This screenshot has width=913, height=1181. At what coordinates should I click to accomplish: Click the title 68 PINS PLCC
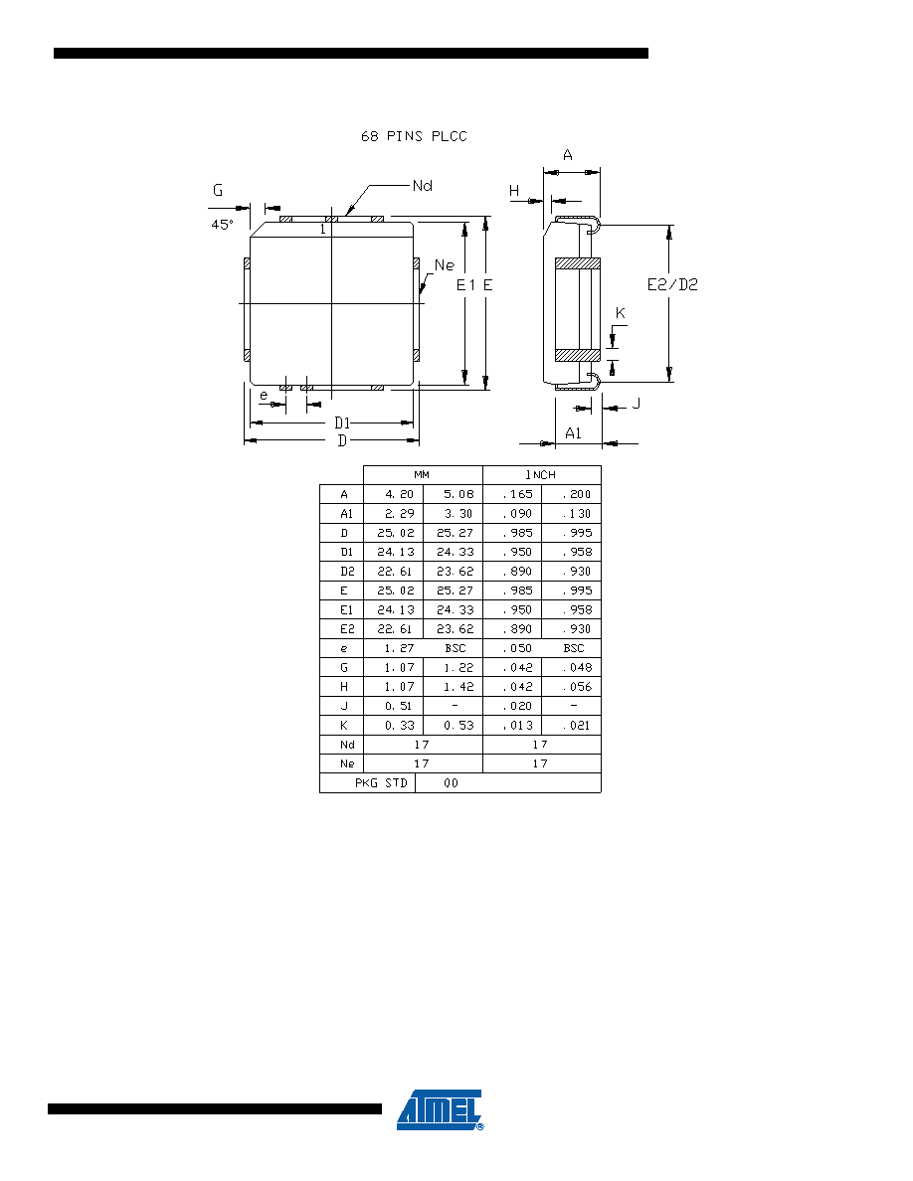pos(414,136)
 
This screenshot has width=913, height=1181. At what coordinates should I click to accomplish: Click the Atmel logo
pos(440,1109)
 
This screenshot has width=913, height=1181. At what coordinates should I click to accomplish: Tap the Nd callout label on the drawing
pos(422,185)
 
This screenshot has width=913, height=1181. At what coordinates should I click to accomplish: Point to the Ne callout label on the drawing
pos(445,265)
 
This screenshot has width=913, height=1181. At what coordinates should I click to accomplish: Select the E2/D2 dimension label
pos(672,284)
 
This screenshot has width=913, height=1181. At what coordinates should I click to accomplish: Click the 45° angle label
pos(222,225)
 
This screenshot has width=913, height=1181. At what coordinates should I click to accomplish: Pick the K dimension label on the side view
pos(620,313)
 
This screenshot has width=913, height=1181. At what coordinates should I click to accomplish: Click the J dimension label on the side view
pos(637,404)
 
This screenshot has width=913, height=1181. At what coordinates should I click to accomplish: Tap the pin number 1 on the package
pos(323,229)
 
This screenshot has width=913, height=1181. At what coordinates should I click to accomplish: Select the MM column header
pos(422,475)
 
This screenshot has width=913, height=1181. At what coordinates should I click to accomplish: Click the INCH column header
pos(540,475)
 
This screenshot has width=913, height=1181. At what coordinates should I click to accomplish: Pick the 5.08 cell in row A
pos(458,495)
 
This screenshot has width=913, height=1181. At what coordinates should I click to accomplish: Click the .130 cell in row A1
pos(576,514)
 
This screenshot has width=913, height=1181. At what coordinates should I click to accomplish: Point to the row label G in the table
pos(344,668)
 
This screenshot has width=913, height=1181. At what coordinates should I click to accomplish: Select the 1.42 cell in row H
pos(458,687)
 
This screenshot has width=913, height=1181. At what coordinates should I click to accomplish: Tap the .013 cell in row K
pos(517,726)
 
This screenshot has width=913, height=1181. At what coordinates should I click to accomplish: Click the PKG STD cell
pos(381,783)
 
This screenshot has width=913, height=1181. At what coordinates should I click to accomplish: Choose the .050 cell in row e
pos(517,648)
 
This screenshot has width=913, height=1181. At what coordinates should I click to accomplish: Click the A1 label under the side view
pos(573,433)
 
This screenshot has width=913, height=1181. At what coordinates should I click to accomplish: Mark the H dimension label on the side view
pos(514,191)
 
